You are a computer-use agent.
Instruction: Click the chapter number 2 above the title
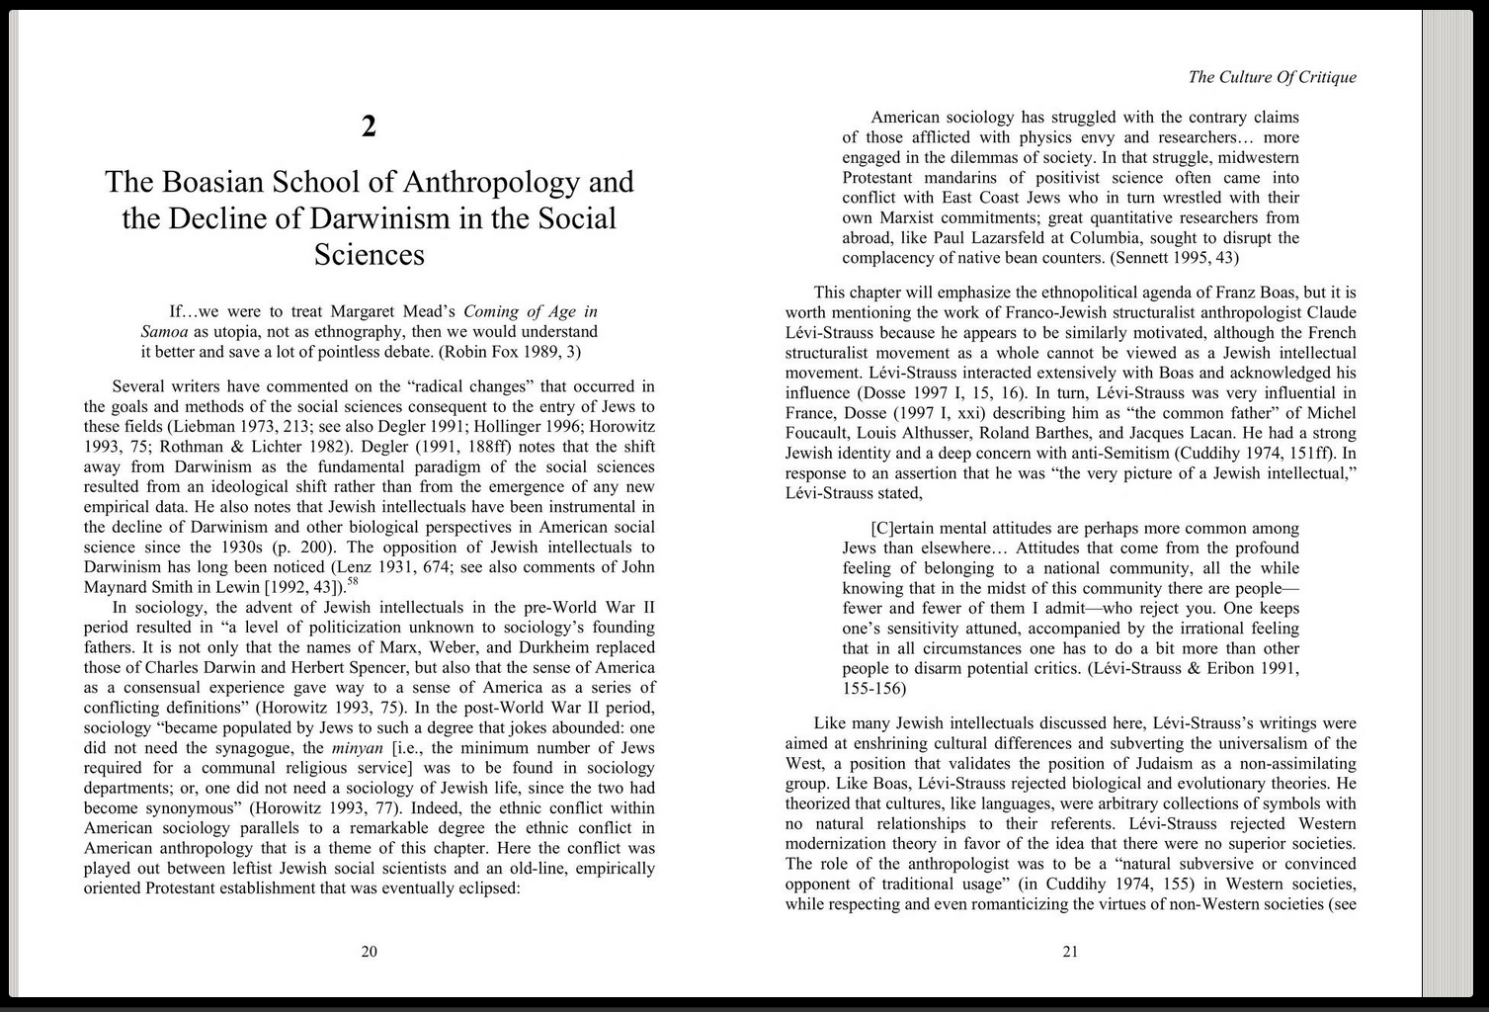(369, 126)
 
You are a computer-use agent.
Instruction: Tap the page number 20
(369, 952)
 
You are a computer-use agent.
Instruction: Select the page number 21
(1070, 952)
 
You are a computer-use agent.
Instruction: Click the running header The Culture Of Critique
(1272, 77)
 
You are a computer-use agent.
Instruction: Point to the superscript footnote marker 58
(353, 582)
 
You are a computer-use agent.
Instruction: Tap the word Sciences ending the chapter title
(369, 255)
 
